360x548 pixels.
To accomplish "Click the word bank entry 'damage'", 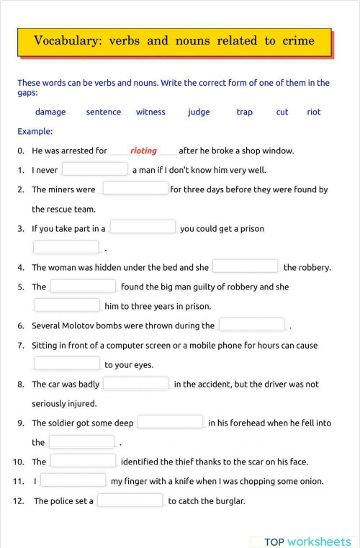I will tap(50, 112).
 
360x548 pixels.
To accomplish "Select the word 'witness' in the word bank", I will tap(150, 112).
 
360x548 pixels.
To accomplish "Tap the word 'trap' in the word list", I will tap(244, 112).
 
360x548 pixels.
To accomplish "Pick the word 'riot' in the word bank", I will tap(314, 112).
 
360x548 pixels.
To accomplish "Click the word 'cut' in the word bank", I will tap(282, 112).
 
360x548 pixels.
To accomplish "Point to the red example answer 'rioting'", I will tap(143, 151).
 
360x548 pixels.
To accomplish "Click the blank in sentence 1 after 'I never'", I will tap(94, 169).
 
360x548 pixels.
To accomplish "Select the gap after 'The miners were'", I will tap(135, 189).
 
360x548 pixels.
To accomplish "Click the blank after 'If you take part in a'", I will tap(143, 228).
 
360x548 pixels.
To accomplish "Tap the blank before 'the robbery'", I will tap(245, 266).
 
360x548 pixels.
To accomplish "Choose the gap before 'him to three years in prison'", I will tap(67, 305).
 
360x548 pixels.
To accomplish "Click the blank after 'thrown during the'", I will tap(251, 325).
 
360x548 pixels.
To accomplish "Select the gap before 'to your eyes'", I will tap(67, 364).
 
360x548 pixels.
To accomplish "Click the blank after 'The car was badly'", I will tap(136, 384).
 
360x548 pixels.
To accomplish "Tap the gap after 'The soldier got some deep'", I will tap(170, 422).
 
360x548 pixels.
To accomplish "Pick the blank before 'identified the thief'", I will tap(84, 461).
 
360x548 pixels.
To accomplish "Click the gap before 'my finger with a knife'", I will tap(73, 480).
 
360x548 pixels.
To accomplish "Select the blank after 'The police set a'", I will tap(130, 500).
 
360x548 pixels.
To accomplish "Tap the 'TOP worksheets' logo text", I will tap(307, 542).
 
